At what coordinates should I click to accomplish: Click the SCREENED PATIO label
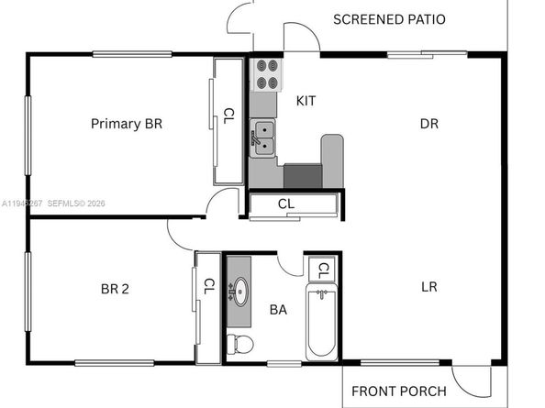(389, 19)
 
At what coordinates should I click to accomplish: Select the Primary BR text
(126, 123)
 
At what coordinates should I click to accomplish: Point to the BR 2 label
(115, 289)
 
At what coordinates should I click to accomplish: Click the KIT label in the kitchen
(306, 101)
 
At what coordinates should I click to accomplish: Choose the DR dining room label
(428, 123)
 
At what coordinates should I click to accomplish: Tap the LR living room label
(428, 286)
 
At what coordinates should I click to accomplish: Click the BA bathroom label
(278, 310)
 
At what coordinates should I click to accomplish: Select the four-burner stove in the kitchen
(267, 74)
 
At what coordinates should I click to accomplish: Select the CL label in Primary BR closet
(228, 116)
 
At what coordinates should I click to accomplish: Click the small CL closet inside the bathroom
(322, 270)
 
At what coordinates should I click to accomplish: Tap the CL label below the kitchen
(285, 204)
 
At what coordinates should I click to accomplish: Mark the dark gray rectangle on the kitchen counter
(302, 176)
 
